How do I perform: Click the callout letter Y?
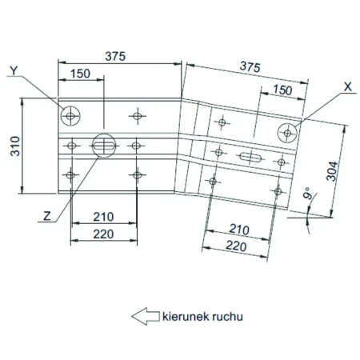tap(14, 70)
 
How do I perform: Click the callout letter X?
tap(348, 87)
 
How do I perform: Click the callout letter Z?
tap(47, 216)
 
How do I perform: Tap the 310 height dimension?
tap(15, 146)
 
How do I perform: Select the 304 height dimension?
tap(332, 171)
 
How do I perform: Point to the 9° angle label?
tap(308, 193)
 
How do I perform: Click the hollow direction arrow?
tap(146, 316)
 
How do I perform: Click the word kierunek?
tap(186, 317)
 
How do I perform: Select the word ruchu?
tap(227, 317)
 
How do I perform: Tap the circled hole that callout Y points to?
tap(70, 116)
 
